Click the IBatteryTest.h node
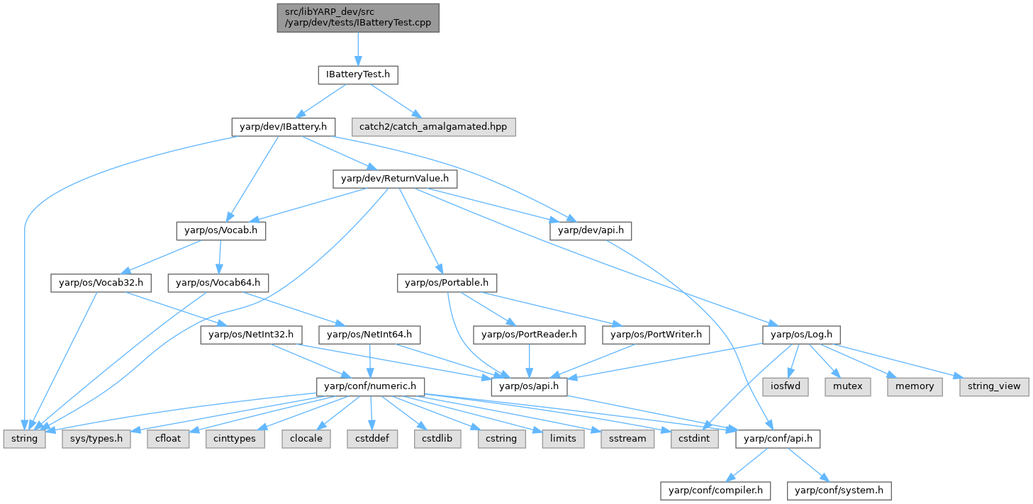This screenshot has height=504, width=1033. [358, 73]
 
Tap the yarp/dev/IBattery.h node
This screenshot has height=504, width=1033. [283, 127]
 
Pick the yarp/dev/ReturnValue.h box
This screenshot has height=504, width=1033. [395, 179]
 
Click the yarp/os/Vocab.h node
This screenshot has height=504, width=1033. [220, 230]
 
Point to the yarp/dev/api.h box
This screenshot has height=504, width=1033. [590, 230]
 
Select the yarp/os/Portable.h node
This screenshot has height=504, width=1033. [447, 283]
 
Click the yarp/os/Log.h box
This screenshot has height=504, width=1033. [801, 334]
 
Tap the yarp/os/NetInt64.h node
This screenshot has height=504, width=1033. [370, 334]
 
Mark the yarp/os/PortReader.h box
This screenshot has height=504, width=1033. [530, 334]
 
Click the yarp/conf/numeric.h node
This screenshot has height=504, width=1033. [370, 386]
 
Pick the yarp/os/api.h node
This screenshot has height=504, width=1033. [530, 386]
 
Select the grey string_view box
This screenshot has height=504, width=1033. [993, 386]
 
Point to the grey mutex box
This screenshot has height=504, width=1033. [842, 386]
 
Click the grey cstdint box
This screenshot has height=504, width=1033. [694, 439]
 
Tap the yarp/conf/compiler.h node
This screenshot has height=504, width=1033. [715, 490]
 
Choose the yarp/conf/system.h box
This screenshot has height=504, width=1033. [839, 490]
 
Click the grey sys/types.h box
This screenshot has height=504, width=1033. [96, 439]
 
